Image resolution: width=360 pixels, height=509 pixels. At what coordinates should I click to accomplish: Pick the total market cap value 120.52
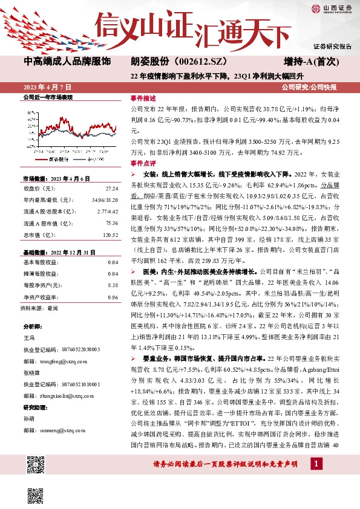pos(110,235)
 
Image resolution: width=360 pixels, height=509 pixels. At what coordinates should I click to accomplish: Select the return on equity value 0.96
pos(113,296)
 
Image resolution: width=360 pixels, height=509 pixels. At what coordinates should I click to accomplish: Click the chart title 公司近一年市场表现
pos(47,97)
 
